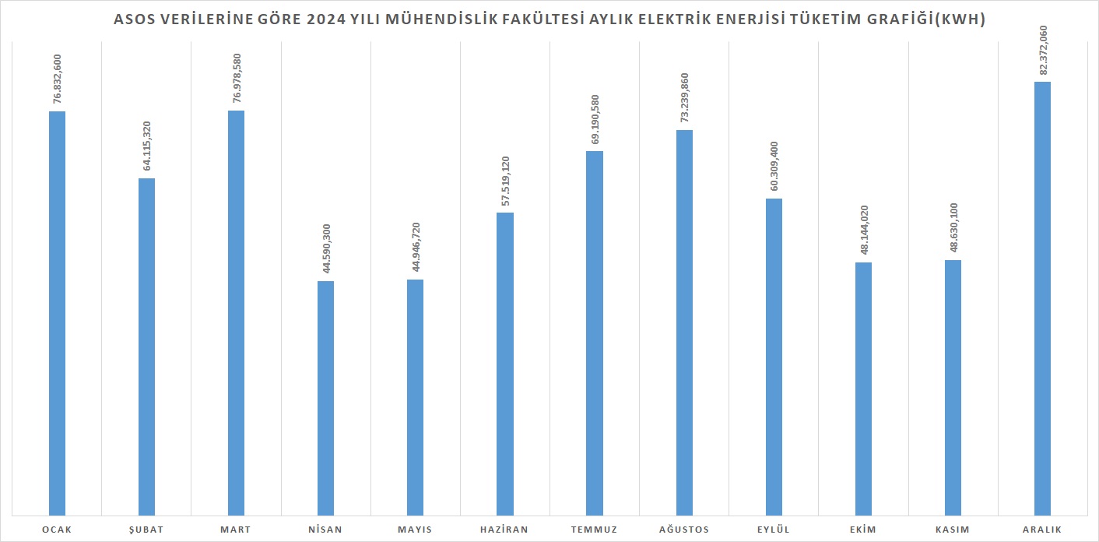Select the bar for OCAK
(x=57, y=311)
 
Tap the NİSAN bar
(x=326, y=397)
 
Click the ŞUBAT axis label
(x=146, y=530)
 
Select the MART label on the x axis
(x=236, y=530)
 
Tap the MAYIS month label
(x=416, y=530)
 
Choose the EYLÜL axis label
(x=774, y=530)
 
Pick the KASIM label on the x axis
(x=953, y=530)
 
